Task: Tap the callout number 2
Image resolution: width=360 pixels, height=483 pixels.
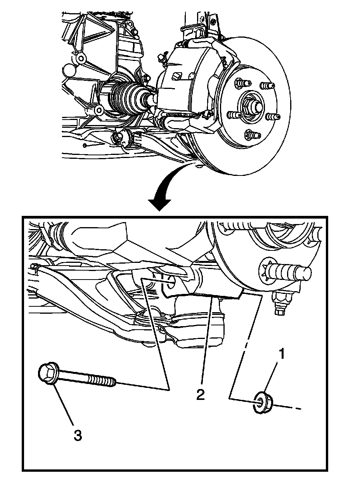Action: pyautogui.click(x=200, y=394)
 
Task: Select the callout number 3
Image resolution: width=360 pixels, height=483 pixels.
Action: pyautogui.click(x=78, y=435)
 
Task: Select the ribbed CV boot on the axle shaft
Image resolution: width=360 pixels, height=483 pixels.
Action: pyautogui.click(x=124, y=97)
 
